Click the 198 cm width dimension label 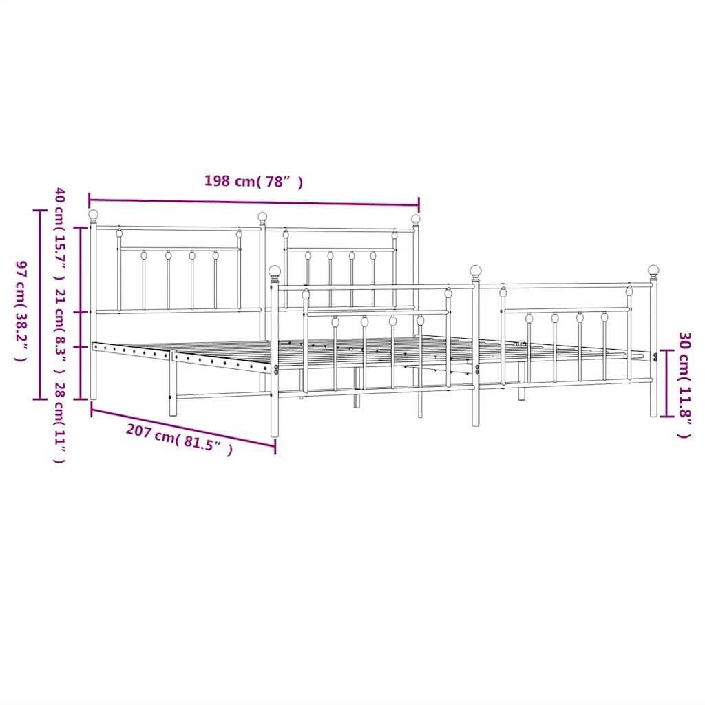pyautogui.click(x=253, y=182)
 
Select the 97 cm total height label pyautogui.click(x=21, y=311)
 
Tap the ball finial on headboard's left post pyautogui.click(x=94, y=214)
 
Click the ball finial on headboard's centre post pyautogui.click(x=262, y=217)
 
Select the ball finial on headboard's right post pyautogui.click(x=416, y=219)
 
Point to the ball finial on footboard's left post pyautogui.click(x=275, y=271)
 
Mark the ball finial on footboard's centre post pyautogui.click(x=476, y=270)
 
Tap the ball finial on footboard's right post pyautogui.click(x=653, y=270)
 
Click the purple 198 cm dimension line pyautogui.click(x=253, y=203)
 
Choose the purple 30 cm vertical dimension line pyautogui.click(x=665, y=383)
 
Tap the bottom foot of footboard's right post pyautogui.click(x=653, y=413)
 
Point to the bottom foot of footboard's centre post pyautogui.click(x=476, y=422)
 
